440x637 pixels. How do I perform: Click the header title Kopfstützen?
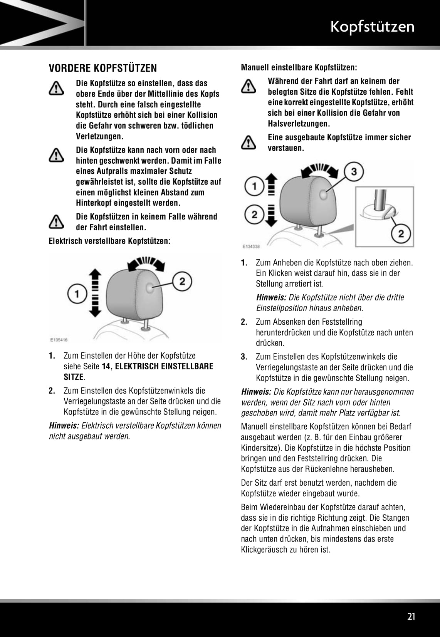click(x=372, y=27)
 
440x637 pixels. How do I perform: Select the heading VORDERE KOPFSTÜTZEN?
click(x=103, y=68)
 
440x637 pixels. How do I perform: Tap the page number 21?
click(x=411, y=617)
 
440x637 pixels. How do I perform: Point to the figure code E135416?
click(x=59, y=340)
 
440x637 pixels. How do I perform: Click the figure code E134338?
click(x=251, y=246)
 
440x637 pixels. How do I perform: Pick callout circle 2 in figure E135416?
click(x=182, y=281)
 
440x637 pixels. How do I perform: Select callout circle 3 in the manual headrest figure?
click(x=354, y=171)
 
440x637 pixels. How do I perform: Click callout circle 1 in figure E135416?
click(x=77, y=295)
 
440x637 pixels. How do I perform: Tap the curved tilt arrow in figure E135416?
click(x=146, y=263)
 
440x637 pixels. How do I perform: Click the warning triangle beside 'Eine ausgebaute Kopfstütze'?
click(x=249, y=142)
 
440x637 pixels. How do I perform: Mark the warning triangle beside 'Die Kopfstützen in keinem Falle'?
click(x=56, y=222)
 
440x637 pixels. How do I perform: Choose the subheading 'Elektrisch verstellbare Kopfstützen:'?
click(x=109, y=241)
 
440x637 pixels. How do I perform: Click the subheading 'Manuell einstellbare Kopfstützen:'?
click(x=299, y=67)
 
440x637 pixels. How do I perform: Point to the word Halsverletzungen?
click(x=299, y=124)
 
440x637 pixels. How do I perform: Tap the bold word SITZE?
click(x=74, y=377)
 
